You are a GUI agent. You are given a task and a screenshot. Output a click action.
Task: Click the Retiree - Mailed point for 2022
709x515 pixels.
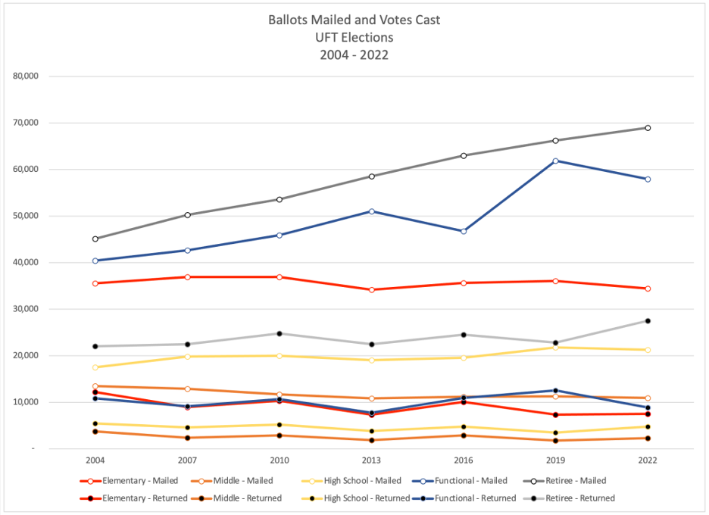click(x=648, y=128)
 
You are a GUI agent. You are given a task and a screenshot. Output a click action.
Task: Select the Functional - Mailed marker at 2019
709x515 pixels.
click(x=555, y=161)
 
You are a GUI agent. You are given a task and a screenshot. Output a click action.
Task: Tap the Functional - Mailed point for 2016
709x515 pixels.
click(x=464, y=231)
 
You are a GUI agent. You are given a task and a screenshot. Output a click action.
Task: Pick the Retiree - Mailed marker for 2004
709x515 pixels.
click(x=95, y=239)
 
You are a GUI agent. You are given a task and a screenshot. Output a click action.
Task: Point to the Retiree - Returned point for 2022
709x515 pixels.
click(x=648, y=321)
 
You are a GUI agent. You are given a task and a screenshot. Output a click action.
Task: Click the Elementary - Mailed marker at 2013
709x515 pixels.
click(x=371, y=290)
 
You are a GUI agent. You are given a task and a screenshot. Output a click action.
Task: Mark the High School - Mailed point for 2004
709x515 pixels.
click(x=95, y=367)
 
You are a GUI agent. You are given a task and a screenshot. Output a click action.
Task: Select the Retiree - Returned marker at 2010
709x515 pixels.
click(x=280, y=333)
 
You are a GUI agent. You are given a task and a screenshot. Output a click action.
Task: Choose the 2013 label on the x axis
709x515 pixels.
click(x=371, y=460)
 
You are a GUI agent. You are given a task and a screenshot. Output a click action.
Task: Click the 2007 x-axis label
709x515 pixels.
click(x=187, y=460)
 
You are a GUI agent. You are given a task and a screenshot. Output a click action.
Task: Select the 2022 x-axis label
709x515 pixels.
click(x=648, y=460)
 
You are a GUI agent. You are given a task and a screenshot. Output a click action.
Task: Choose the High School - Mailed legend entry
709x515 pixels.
click(x=358, y=481)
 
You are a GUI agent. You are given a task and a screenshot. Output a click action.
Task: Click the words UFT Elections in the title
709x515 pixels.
click(x=354, y=37)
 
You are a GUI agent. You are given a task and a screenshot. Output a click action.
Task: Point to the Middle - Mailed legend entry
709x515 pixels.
click(x=242, y=481)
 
